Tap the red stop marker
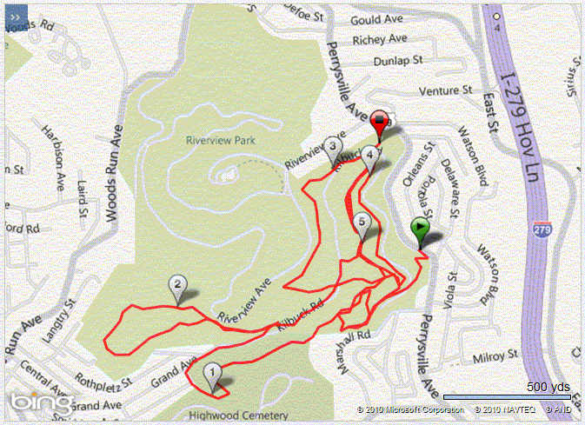pyautogui.click(x=379, y=122)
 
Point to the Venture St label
pyautogui.click(x=444, y=90)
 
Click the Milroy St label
pyautogui.click(x=496, y=356)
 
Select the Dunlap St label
pyautogui.click(x=396, y=61)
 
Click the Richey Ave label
pyautogui.click(x=380, y=39)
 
